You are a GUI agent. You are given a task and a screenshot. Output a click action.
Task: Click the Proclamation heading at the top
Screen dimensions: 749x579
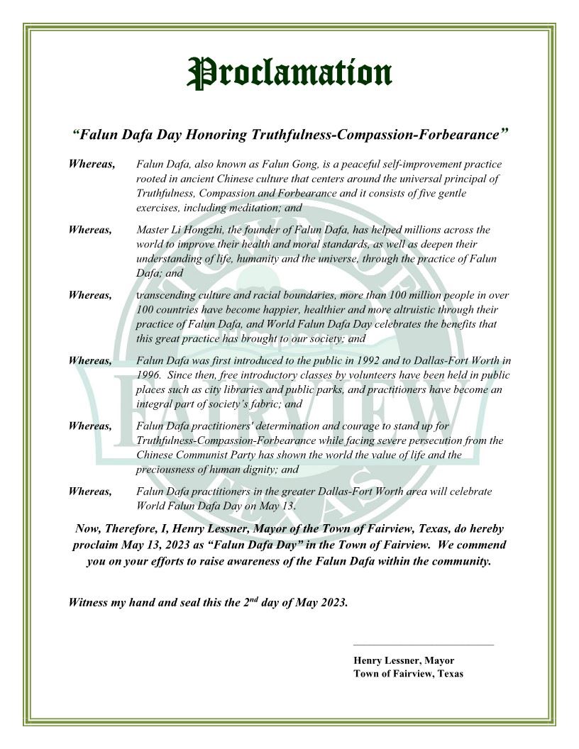[x=289, y=73]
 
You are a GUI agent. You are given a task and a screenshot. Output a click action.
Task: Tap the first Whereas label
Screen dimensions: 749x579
[x=92, y=165]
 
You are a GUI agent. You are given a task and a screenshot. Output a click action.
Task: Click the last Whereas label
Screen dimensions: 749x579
[x=90, y=492]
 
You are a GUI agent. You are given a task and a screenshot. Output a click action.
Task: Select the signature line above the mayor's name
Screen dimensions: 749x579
[x=423, y=645]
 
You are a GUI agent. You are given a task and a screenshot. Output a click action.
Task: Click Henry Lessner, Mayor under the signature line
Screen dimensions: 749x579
[x=404, y=660]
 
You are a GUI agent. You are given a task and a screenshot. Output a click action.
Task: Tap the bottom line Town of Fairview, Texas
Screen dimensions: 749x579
[x=408, y=674]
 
